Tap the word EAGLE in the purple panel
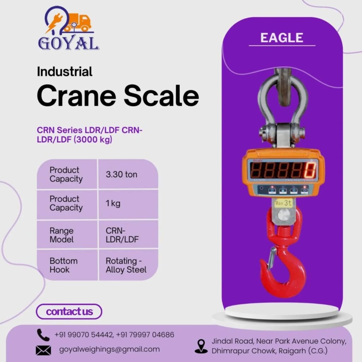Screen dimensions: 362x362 click(x=282, y=38)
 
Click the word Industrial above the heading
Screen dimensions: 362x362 click(x=65, y=71)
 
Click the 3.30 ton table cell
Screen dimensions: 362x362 click(x=121, y=174)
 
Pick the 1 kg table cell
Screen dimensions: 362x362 click(x=113, y=204)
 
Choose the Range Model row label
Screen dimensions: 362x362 click(x=62, y=235)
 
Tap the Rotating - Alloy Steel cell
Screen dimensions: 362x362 click(x=126, y=265)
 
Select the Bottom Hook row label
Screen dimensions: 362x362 click(x=63, y=265)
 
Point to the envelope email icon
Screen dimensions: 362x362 click(x=43, y=350)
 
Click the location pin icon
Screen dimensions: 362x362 click(x=201, y=346)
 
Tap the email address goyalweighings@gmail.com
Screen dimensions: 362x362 click(x=110, y=349)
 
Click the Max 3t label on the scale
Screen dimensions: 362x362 click(x=282, y=203)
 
